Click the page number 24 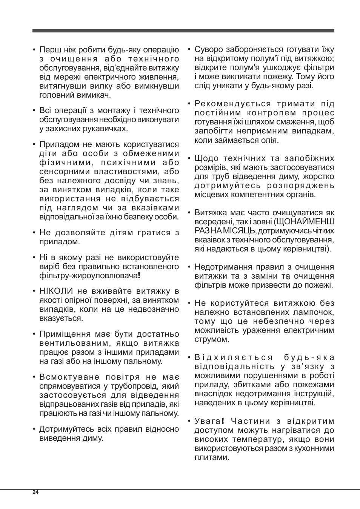coord(35,492)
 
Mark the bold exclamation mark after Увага coord(223,421)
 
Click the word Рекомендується coord(232,104)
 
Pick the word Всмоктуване coord(64,377)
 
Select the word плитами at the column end coord(212,457)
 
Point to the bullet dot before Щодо coord(189,159)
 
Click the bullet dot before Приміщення coord(34,334)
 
